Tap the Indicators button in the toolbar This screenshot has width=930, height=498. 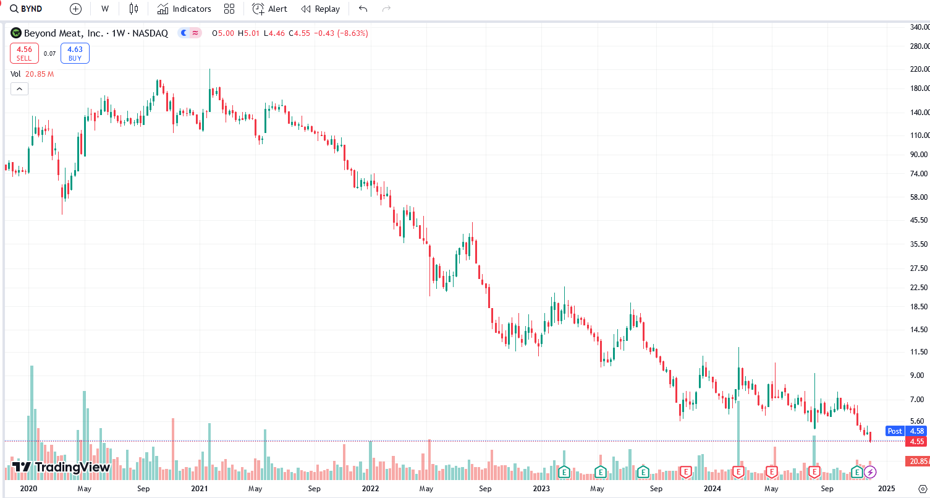click(184, 9)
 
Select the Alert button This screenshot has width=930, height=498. click(270, 9)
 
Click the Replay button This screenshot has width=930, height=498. click(320, 9)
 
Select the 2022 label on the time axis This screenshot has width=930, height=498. click(370, 489)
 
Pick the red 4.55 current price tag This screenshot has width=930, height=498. click(916, 441)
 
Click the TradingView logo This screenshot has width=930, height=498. click(61, 467)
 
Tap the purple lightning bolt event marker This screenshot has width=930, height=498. click(870, 473)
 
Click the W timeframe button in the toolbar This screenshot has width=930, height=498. click(105, 9)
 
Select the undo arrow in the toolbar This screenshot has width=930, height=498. click(363, 9)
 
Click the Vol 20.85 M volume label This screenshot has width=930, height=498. click(32, 74)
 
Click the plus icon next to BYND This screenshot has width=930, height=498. click(75, 9)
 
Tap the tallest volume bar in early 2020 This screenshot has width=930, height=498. click(32, 421)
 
